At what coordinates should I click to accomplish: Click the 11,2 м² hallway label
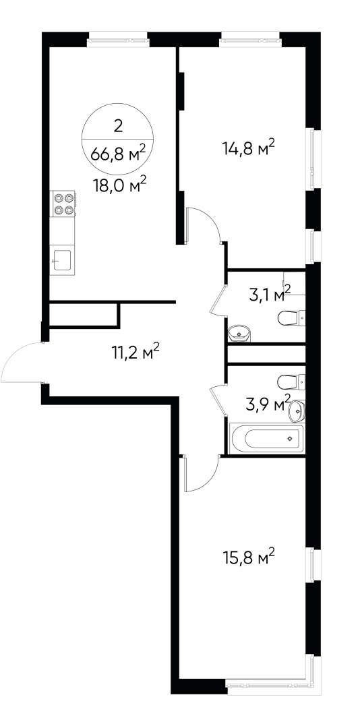[136, 351]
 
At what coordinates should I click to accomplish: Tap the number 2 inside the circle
[119, 125]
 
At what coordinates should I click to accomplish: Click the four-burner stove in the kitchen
[63, 204]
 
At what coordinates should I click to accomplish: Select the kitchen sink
[63, 259]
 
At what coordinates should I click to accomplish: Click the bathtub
[267, 439]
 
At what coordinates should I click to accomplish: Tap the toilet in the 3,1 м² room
[293, 317]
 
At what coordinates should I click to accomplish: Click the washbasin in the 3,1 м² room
[240, 332]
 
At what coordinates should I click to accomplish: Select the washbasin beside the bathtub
[297, 409]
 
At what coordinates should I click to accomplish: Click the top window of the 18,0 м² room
[117, 38]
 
